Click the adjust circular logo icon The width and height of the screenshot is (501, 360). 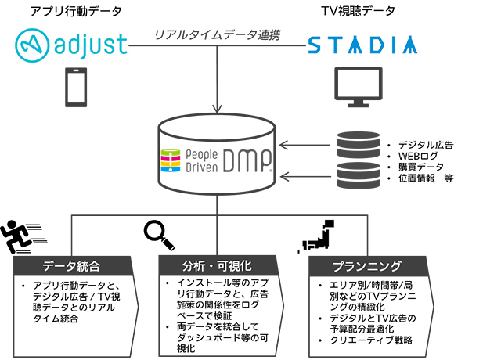(32, 45)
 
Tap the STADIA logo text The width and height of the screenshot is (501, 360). (362, 45)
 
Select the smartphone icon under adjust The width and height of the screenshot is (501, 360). (76, 87)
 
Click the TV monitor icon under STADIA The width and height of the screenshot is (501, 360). (359, 87)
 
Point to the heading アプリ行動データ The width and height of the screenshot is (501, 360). (76, 11)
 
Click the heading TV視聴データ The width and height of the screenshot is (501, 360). (359, 11)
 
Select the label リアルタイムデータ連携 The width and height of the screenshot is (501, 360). (218, 34)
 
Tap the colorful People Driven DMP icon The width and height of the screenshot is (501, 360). (171, 160)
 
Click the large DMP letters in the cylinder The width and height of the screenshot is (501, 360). (247, 160)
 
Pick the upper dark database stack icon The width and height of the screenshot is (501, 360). (359, 145)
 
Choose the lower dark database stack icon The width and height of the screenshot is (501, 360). (359, 175)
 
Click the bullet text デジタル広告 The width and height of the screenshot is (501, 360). (426, 145)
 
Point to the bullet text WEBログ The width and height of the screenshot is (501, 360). (418, 156)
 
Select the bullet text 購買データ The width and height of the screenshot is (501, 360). (421, 167)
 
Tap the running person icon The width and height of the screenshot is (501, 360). (23, 236)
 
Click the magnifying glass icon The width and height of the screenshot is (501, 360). (159, 236)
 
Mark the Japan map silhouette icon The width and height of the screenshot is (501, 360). (316, 236)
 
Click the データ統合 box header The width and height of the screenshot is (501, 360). (73, 266)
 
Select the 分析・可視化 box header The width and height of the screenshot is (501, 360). (218, 265)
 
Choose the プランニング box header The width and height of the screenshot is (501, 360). (367, 266)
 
